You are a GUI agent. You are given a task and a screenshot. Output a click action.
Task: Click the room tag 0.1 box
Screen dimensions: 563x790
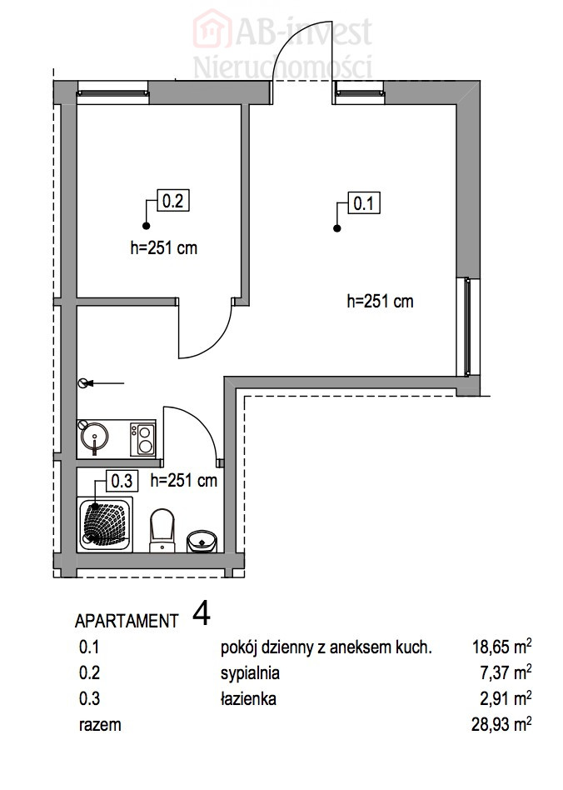coord(364,203)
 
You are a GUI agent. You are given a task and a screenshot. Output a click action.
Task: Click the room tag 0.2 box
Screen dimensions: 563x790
coord(173,201)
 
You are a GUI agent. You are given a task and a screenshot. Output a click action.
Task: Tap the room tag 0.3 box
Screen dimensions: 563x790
coord(122,481)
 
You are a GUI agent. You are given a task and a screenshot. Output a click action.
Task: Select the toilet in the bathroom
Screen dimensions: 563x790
coord(162,530)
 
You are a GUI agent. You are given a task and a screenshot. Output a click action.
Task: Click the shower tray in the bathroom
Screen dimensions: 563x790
coord(105,524)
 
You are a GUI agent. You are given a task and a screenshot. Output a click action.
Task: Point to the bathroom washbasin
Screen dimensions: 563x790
coord(202,541)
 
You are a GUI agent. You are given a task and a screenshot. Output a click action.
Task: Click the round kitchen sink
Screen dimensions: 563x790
coord(93,437)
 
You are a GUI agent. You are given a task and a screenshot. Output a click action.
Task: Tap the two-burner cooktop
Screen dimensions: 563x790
coord(142,439)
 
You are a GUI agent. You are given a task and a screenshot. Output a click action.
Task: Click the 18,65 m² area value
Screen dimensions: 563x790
coord(501,647)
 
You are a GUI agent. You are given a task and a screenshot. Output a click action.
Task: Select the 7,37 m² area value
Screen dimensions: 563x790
coord(506,672)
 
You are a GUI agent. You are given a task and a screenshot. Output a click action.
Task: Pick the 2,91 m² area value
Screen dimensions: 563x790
coord(506,699)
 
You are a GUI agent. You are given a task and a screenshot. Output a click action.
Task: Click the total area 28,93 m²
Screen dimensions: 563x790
coord(501,724)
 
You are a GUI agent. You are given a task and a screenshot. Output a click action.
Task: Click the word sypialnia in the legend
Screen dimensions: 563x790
coord(250,673)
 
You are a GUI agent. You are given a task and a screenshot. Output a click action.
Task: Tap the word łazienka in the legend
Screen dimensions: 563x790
coord(248,699)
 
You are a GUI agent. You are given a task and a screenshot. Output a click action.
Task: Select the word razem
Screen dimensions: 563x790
coord(100,725)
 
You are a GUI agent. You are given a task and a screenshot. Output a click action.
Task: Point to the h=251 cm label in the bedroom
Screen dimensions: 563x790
coord(164,247)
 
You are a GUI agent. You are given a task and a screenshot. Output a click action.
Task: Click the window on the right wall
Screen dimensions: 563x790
coord(468,327)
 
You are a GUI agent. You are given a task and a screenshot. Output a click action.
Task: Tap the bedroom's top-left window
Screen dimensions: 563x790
coord(112,93)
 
